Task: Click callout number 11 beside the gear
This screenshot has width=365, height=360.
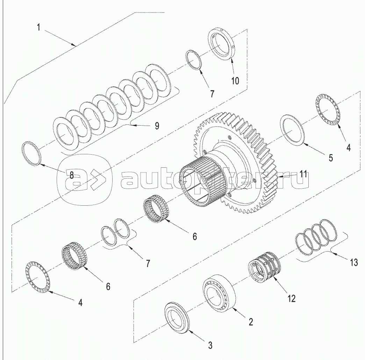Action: (302, 174)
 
